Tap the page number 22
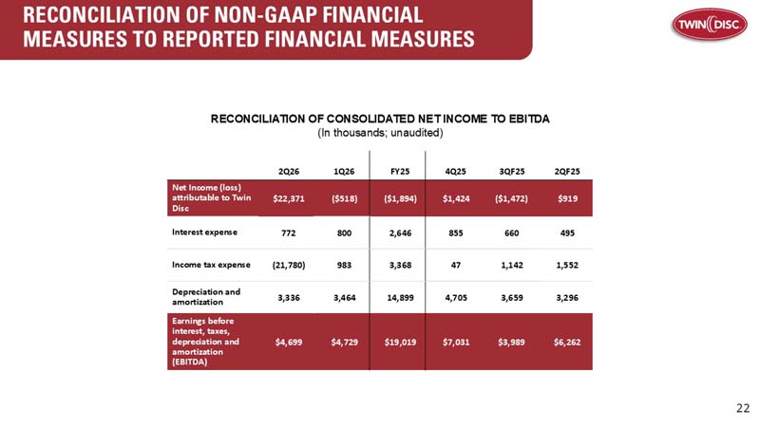742,408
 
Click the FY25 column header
399,171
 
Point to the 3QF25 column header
513,171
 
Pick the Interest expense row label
204,232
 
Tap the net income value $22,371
288,197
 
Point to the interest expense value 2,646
399,232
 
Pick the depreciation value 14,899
399,297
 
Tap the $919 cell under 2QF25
568,197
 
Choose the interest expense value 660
513,232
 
